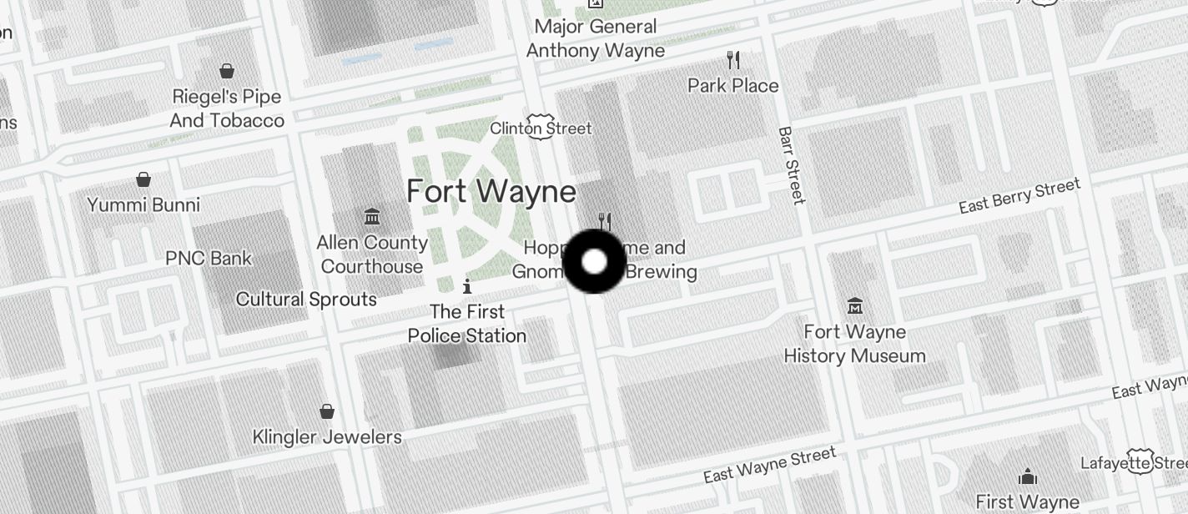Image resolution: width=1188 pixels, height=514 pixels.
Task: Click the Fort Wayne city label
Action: point(491,192)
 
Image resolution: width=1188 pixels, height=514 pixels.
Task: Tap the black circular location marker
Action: point(594,262)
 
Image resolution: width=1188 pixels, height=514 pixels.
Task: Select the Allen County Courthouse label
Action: point(372,254)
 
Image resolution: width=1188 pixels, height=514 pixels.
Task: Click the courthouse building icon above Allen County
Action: point(372,218)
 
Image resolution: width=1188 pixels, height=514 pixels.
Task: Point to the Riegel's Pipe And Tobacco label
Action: point(227,108)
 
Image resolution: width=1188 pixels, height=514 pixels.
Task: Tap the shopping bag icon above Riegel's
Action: point(227,71)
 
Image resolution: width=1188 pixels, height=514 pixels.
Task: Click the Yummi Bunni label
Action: point(143,204)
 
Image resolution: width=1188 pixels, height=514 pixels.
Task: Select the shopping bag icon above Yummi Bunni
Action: point(143,179)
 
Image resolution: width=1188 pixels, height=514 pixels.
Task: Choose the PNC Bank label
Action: point(209,258)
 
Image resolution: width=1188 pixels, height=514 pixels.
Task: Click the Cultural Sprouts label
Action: point(306,299)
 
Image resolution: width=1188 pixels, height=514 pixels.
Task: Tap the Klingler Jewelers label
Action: point(327,436)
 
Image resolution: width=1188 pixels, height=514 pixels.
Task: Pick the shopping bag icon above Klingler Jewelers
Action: point(327,411)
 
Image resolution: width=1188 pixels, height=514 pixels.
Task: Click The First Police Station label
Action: point(467,324)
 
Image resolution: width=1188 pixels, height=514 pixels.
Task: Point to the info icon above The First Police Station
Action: point(467,287)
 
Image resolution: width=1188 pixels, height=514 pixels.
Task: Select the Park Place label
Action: point(733,85)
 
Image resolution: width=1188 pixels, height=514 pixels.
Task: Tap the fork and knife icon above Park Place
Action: point(733,60)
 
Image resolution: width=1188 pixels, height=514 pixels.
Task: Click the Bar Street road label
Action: point(792,165)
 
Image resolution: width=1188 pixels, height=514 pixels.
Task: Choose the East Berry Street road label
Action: point(1019,196)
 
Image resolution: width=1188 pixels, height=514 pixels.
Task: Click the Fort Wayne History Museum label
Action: point(854,344)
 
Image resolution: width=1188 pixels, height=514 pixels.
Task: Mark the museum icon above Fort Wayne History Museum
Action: point(854,306)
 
